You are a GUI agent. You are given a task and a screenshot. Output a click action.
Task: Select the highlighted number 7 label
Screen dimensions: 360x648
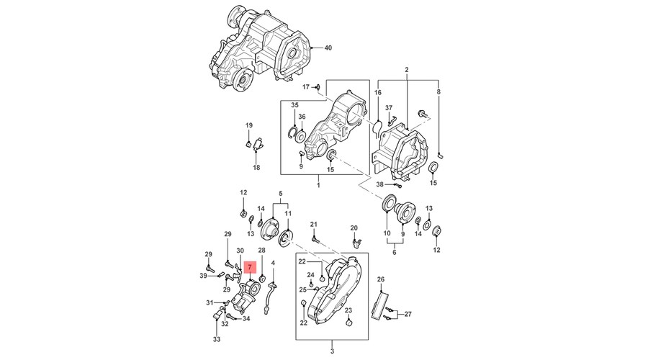coord(249,266)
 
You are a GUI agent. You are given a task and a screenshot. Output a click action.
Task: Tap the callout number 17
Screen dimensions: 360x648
coord(305,87)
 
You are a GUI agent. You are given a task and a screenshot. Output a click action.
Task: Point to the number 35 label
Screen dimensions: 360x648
coord(294,105)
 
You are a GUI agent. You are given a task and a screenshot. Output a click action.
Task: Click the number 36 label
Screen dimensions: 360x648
coord(302,117)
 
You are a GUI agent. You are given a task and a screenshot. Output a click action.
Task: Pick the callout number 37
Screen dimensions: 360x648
coord(389,109)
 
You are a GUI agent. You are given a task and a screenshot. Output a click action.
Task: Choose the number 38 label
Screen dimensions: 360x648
coord(380,184)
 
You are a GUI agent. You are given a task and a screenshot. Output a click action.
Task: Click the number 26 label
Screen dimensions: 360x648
coord(381,279)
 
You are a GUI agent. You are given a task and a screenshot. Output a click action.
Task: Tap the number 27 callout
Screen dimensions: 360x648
coord(409,314)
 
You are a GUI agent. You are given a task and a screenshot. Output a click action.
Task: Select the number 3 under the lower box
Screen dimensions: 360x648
coord(332,351)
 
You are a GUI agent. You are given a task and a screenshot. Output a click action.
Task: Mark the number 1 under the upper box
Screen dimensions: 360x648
coord(317,185)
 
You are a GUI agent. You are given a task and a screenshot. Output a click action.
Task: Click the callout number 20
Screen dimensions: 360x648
coord(354,228)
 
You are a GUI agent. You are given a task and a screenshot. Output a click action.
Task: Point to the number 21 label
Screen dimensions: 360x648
coord(314,225)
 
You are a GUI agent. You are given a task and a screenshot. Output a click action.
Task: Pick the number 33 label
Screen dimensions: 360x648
coord(216,339)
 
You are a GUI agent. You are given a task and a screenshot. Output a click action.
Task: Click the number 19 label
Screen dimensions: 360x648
coord(249,126)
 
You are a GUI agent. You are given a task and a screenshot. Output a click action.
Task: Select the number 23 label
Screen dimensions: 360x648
coord(347,310)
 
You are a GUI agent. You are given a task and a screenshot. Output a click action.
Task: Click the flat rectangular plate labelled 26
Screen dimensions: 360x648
coord(382,303)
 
